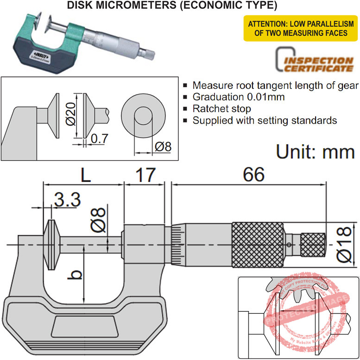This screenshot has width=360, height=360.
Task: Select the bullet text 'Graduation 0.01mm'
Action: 238,97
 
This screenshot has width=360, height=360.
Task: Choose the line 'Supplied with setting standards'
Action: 264,120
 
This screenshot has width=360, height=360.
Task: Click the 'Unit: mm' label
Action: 315,152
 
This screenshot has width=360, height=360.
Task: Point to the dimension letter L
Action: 85,175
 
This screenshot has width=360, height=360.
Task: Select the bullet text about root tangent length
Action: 275,86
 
